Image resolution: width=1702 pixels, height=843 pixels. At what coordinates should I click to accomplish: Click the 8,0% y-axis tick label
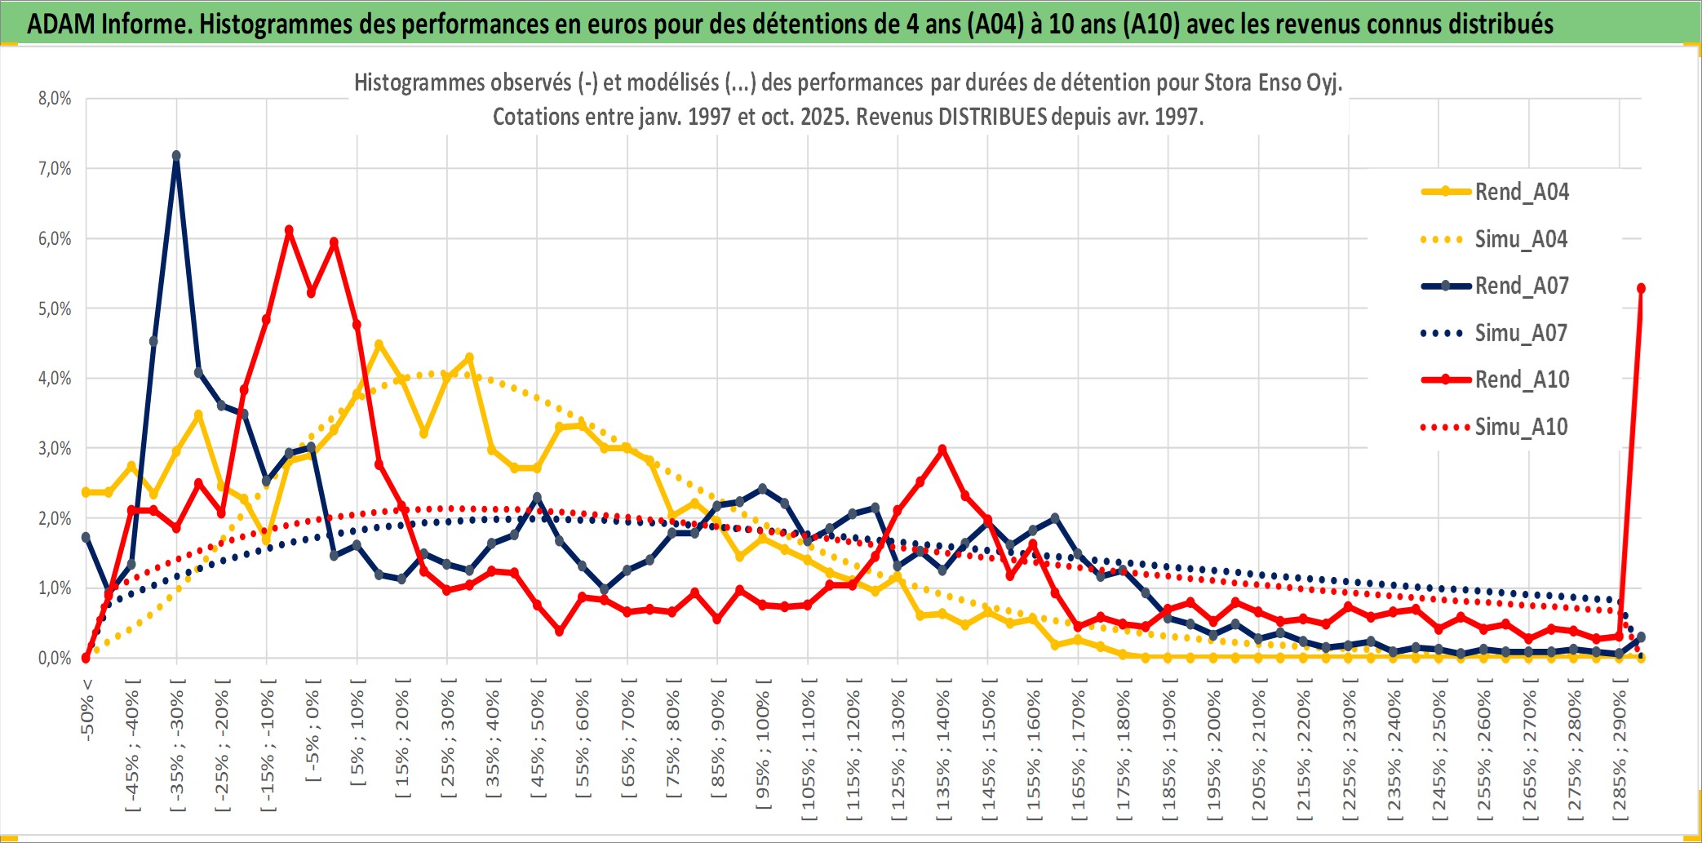click(x=55, y=99)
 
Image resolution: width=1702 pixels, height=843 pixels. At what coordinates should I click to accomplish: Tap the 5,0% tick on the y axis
click(x=55, y=309)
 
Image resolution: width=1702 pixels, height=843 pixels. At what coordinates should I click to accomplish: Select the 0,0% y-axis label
click(x=55, y=659)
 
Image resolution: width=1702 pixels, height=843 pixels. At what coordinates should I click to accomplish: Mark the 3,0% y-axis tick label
click(x=55, y=449)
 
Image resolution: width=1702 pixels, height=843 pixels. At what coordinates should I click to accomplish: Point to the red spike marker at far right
click(x=1641, y=288)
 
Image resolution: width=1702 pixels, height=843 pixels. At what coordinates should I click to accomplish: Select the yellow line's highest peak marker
click(x=379, y=344)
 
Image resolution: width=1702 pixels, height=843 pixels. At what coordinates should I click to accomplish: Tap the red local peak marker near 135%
click(x=942, y=449)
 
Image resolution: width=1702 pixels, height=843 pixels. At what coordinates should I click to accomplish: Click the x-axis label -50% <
click(x=87, y=710)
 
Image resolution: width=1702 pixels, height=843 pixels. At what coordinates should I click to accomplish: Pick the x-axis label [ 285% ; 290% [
click(x=1620, y=754)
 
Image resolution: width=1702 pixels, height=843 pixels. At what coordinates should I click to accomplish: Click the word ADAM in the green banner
click(x=61, y=24)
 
